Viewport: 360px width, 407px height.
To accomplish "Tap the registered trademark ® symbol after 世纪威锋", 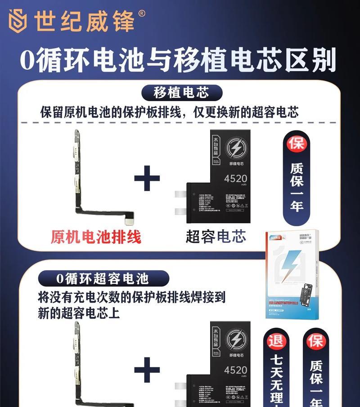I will pos(142,14).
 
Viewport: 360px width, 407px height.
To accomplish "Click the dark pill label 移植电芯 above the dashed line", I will pos(182,93).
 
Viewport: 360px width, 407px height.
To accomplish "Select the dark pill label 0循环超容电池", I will pos(103,278).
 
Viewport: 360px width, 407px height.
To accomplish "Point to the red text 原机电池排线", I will pos(96,237).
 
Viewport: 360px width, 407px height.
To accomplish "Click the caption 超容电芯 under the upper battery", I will pos(216,237).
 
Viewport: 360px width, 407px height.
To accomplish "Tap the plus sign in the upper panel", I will pos(147,179).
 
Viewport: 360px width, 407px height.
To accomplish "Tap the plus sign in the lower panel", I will pos(147,370).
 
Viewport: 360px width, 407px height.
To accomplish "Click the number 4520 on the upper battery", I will pos(235,179).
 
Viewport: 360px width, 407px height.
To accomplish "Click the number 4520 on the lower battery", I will pos(235,370).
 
